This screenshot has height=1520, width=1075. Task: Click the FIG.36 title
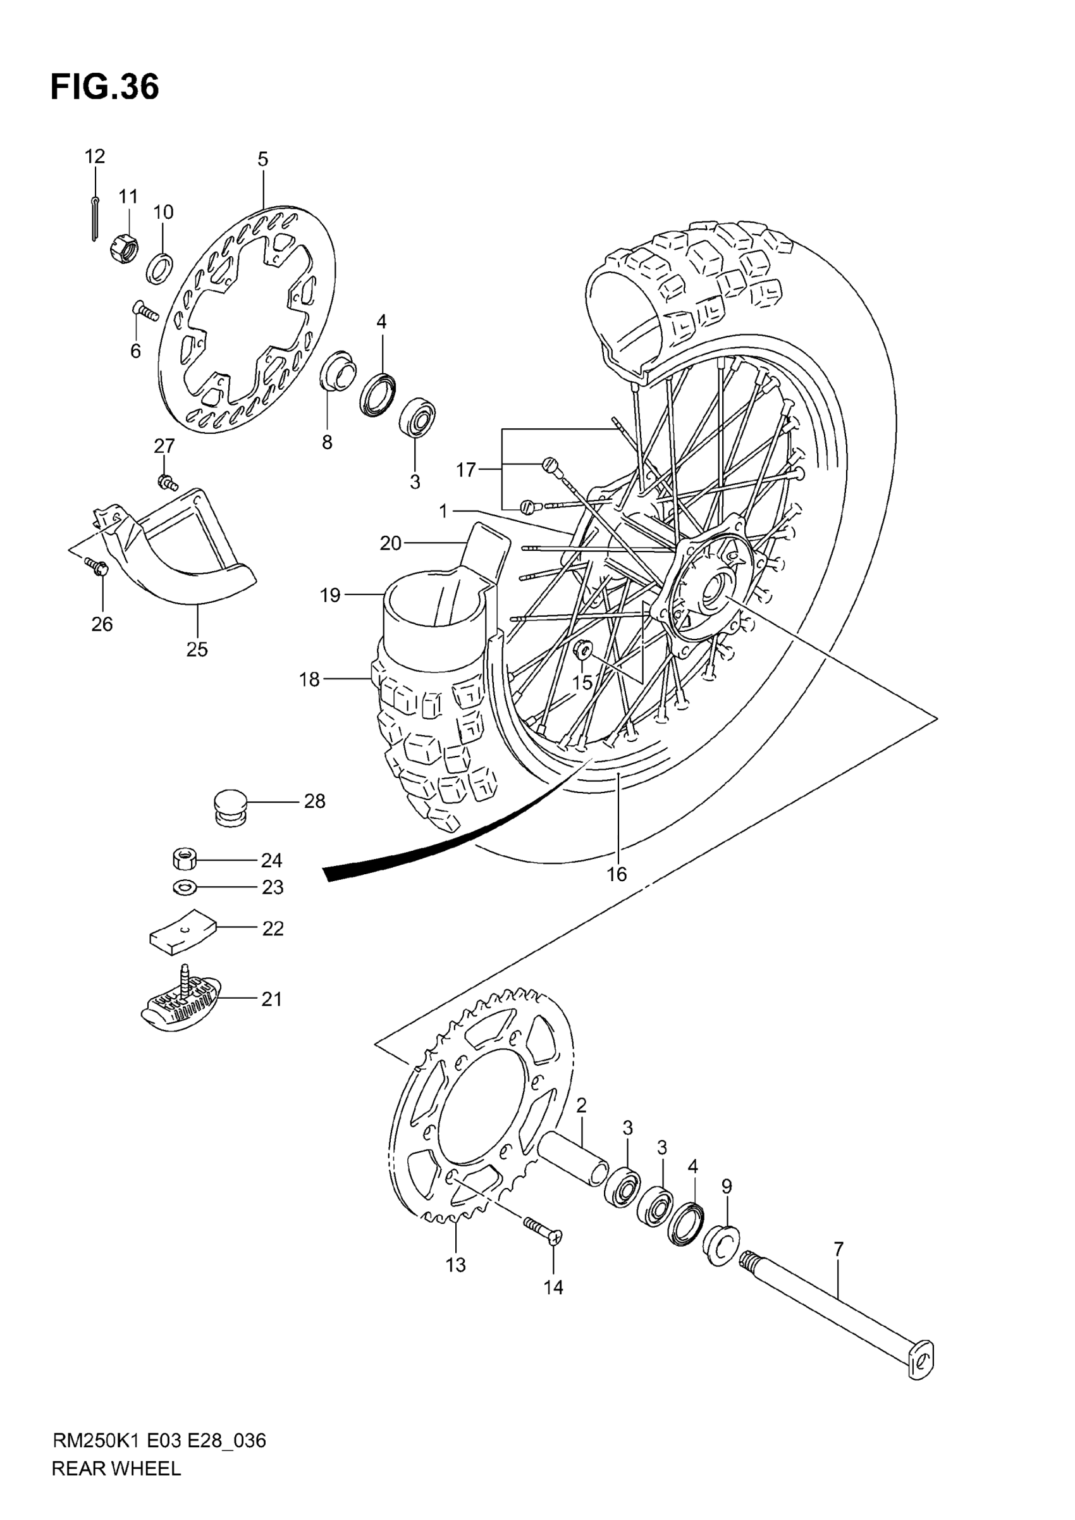coord(104,87)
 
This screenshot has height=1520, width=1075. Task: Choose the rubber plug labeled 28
coord(230,806)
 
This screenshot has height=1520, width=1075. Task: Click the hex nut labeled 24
coord(184,860)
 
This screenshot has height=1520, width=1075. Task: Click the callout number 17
coord(465,470)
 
